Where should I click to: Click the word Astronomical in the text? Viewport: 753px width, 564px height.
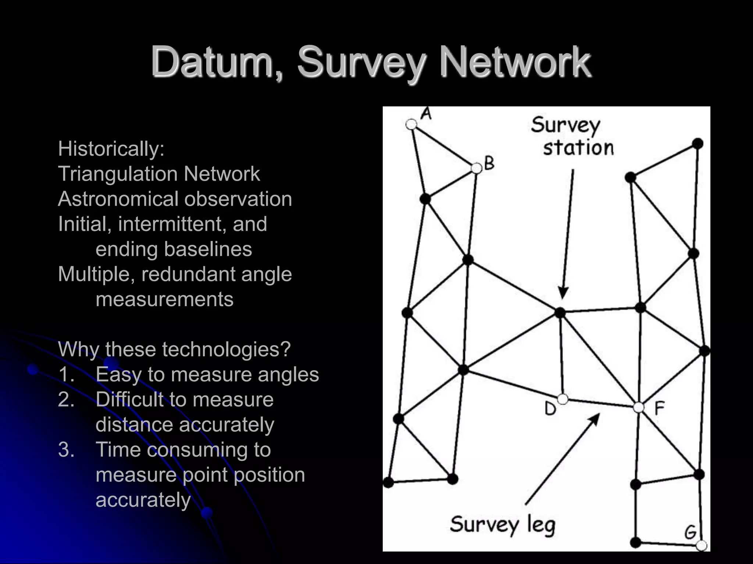[x=118, y=199]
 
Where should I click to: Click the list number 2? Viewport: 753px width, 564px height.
[x=66, y=399]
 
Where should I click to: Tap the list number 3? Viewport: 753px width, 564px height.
[x=66, y=449]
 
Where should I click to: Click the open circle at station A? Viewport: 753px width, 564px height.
[x=411, y=124]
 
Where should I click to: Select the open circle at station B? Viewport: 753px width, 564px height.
[x=477, y=169]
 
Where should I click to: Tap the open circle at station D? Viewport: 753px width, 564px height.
[x=563, y=399]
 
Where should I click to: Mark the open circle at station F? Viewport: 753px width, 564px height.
[x=639, y=407]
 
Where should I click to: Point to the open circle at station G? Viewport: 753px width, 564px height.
[x=702, y=546]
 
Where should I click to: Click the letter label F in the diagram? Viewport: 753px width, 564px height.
[x=659, y=408]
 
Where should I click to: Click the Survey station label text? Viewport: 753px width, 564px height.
[x=572, y=136]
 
